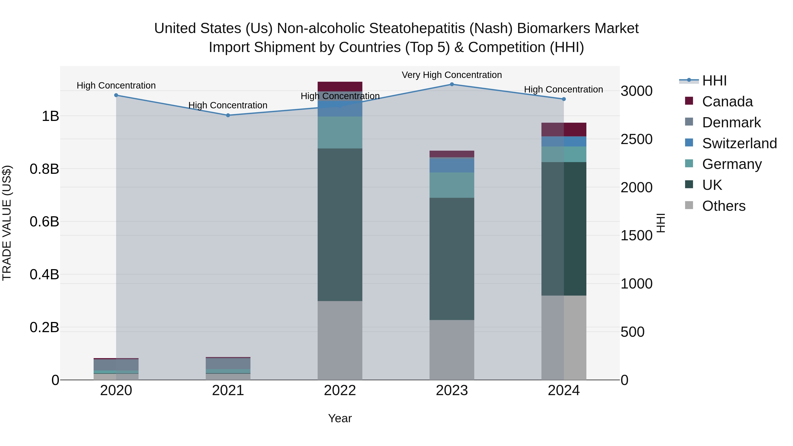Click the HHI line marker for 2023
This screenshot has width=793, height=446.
point(452,84)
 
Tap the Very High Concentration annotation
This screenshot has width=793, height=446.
point(452,75)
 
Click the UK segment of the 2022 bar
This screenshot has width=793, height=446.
point(340,225)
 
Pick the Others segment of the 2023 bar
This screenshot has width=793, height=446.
point(452,350)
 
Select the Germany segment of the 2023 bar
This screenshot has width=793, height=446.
point(452,185)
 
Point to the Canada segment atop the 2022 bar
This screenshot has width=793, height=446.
point(340,87)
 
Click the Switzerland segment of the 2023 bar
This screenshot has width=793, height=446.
point(452,165)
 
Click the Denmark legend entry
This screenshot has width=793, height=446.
point(731,122)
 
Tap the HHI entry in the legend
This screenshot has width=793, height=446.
point(714,81)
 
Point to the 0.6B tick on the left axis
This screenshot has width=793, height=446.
point(44,222)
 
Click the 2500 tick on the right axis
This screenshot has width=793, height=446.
point(636,139)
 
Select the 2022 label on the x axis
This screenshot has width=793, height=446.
point(340,390)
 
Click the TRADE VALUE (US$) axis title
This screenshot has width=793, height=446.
point(7,223)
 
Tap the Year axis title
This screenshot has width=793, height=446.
point(340,418)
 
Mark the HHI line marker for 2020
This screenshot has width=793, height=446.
point(116,95)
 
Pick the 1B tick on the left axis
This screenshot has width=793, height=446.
point(50,116)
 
